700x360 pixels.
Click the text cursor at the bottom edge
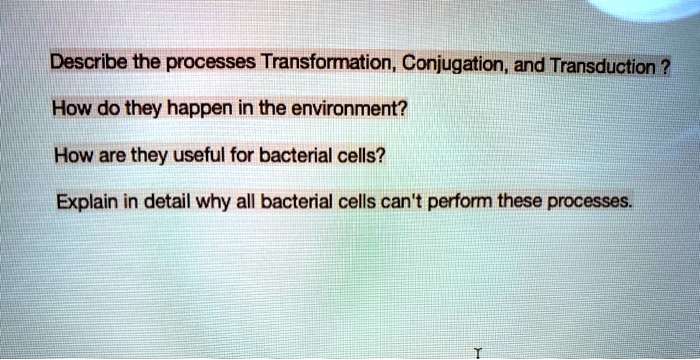[480, 352]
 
